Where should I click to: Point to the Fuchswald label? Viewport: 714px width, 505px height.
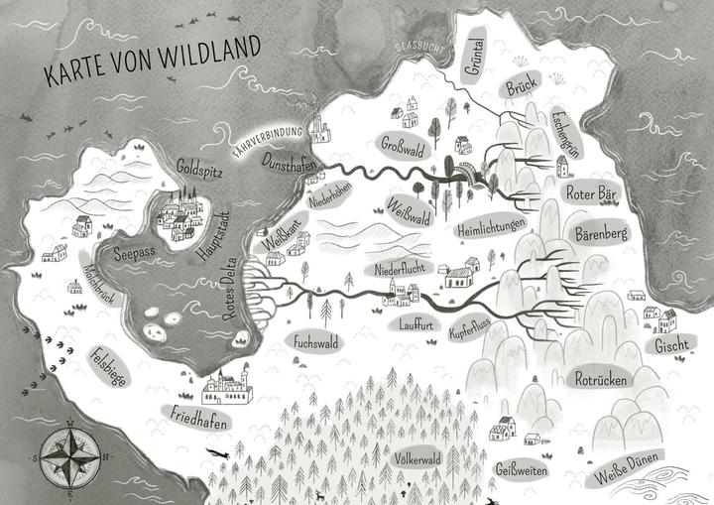pos(317,340)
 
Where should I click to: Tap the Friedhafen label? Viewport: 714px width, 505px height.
pos(199,417)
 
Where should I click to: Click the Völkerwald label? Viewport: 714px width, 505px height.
pos(416,459)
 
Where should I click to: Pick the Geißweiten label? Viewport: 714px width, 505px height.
pos(521,470)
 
